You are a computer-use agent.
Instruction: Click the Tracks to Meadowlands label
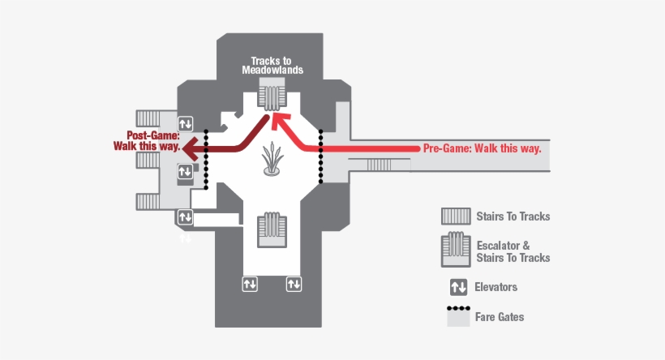coord(272,65)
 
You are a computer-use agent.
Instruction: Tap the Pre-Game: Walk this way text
coord(482,148)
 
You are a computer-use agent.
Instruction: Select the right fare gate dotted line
coord(322,156)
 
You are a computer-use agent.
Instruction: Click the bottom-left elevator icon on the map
coord(250,284)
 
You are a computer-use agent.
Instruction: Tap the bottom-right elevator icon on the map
coord(293,284)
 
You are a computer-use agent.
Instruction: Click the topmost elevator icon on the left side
coord(186,123)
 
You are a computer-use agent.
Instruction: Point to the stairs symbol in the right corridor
coord(380,165)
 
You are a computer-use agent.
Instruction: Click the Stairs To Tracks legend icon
coord(456,216)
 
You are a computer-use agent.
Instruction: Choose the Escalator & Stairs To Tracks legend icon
coord(456,251)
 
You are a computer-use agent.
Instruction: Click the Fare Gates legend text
coord(500,317)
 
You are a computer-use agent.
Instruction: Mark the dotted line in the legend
coord(457,309)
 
